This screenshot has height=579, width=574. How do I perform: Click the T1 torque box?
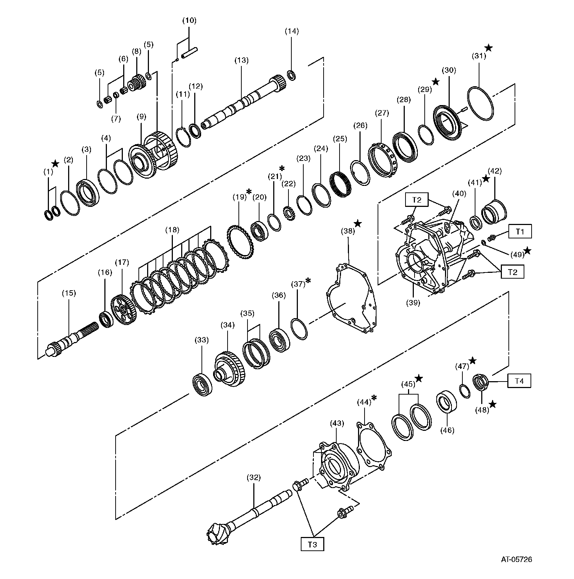520,231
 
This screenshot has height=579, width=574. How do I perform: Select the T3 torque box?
312,544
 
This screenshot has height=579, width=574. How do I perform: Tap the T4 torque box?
519,381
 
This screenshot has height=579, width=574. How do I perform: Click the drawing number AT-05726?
516,570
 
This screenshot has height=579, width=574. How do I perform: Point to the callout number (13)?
241,60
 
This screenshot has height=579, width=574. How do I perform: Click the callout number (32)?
253,477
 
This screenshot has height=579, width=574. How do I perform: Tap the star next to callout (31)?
488,47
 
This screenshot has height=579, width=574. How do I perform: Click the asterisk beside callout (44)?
374,398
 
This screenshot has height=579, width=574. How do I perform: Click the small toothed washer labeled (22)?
289,214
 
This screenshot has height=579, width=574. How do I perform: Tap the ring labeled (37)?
299,329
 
